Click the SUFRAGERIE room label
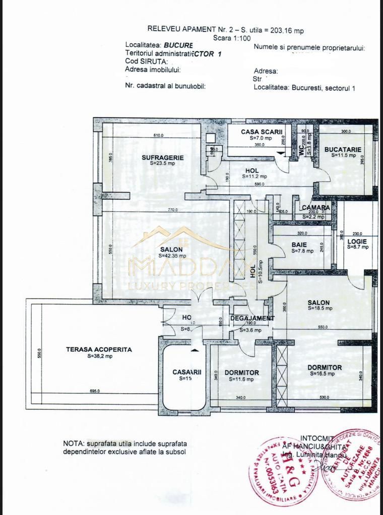click(162, 157)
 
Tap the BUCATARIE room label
click(343, 149)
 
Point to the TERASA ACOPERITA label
click(92, 349)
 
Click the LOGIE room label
click(357, 241)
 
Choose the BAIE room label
click(299, 245)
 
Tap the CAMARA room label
click(315, 208)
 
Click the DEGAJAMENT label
click(252, 318)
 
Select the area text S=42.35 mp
click(172, 255)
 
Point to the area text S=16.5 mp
click(325, 374)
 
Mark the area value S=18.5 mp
click(318, 309)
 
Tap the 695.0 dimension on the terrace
click(95, 391)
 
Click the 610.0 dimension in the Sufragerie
click(158, 135)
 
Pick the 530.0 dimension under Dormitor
click(324, 398)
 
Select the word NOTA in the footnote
click(73, 444)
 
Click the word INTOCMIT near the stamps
click(317, 438)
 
